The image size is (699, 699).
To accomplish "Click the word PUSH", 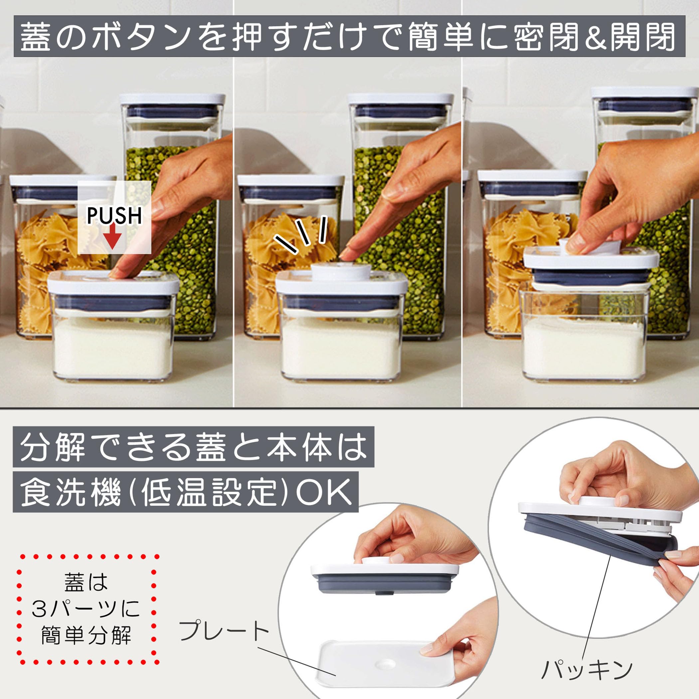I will (114, 216).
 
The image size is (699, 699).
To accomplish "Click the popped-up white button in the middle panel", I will (341, 272).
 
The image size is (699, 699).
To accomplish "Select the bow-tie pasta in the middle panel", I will (268, 235).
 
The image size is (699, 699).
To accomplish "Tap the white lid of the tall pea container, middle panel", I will (400, 98).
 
